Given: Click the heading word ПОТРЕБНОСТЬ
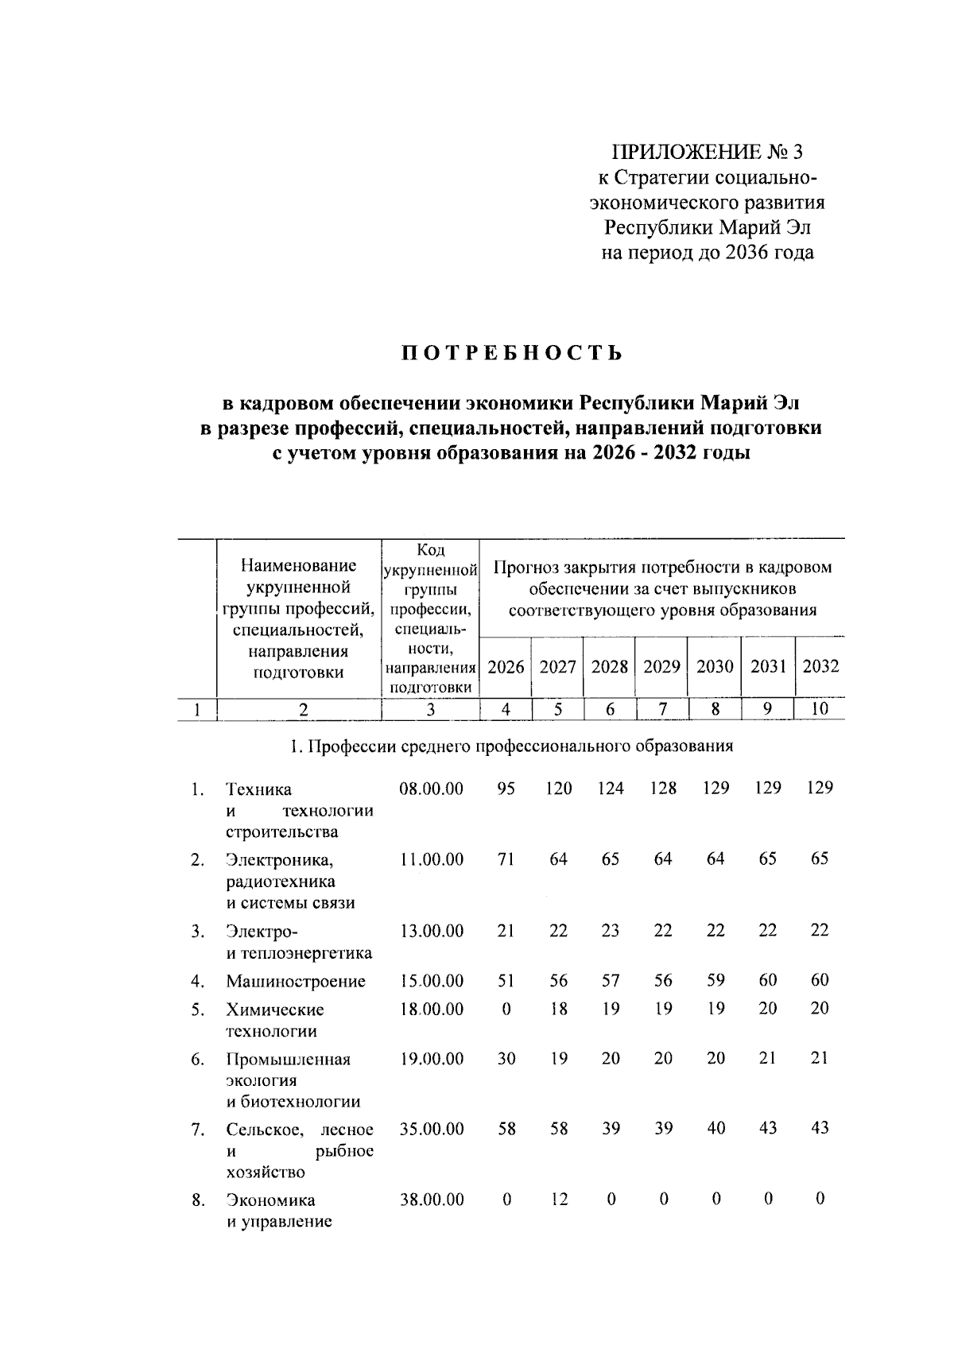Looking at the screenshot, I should point(511,352).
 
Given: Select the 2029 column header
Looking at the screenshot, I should point(661,666).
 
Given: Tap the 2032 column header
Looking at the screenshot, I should point(820,666).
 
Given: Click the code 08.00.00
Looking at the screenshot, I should point(431,789).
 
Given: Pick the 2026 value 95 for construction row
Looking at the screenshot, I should point(506,789).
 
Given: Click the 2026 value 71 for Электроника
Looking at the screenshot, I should point(506,859).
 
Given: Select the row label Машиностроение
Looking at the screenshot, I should point(296,981).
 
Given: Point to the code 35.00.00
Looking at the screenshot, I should point(431,1129).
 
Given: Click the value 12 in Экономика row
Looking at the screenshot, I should point(558,1200).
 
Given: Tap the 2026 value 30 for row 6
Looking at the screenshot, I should point(506,1059).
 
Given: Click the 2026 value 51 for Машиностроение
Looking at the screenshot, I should point(506,981).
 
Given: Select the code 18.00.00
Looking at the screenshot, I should point(431,1010).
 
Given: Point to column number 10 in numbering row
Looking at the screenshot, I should point(820,709).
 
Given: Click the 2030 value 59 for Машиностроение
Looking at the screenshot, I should point(715,981).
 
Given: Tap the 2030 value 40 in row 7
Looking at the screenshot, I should point(715,1129).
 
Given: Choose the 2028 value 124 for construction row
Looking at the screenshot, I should point(610,789).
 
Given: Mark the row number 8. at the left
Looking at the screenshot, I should point(198,1200).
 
